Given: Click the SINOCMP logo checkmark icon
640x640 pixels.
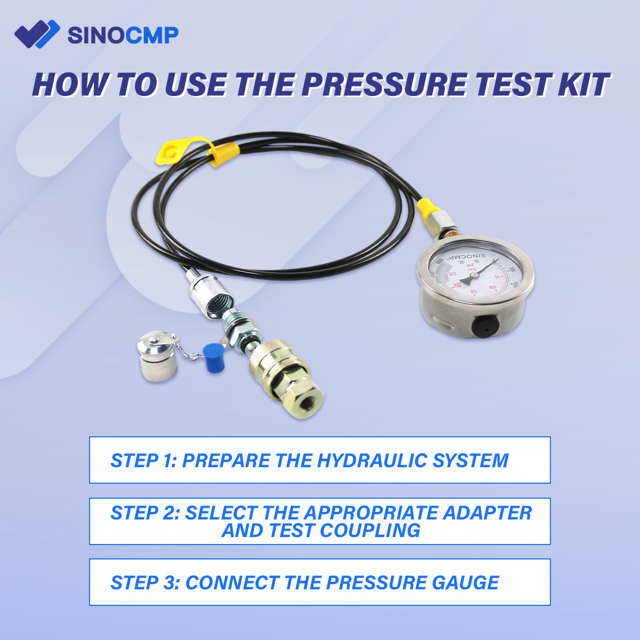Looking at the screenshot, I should click(36, 34).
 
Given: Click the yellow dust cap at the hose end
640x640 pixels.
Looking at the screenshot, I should click(169, 151).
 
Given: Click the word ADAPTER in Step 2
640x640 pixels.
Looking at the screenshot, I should click(488, 513).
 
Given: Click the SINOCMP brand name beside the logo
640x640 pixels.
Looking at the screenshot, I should click(123, 35).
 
